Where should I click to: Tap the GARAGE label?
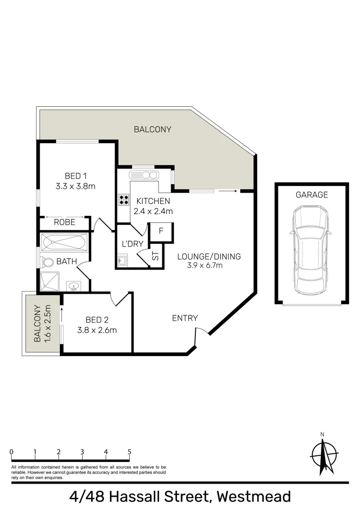pos(311,195)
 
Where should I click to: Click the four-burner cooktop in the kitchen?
pos(124,200)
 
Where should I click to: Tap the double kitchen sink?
pos(145,175)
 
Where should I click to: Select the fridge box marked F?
pos(161,231)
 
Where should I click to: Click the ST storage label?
pos(155,256)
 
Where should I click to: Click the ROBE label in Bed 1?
pos(64,222)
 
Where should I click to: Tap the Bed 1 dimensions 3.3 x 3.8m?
pos(75,186)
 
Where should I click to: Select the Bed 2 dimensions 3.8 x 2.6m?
pos(97,330)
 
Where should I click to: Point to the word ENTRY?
pos(185,318)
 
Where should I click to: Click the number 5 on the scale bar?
pos(129,452)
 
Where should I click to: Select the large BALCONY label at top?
pos(152,129)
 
